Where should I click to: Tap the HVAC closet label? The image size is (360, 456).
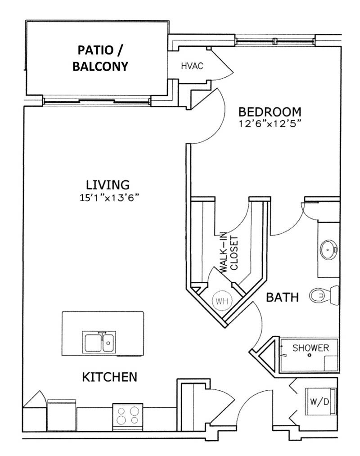pyautogui.click(x=193, y=66)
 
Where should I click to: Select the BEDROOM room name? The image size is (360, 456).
pyautogui.click(x=270, y=111)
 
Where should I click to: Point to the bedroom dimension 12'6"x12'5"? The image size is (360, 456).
pyautogui.click(x=270, y=123)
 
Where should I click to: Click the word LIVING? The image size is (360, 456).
pyautogui.click(x=108, y=185)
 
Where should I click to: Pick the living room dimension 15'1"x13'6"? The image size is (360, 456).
pyautogui.click(x=108, y=197)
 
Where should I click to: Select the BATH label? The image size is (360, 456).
pyautogui.click(x=282, y=297)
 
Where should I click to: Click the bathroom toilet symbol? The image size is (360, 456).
pyautogui.click(x=323, y=295)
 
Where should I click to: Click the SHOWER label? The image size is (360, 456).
pyautogui.click(x=310, y=348)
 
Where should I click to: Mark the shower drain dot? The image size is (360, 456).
pyautogui.click(x=310, y=356)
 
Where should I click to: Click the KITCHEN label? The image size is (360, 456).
pyautogui.click(x=109, y=376)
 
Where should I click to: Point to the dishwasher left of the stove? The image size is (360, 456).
pyautogui.click(x=62, y=414)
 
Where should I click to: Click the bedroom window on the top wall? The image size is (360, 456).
pyautogui.click(x=274, y=41)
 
